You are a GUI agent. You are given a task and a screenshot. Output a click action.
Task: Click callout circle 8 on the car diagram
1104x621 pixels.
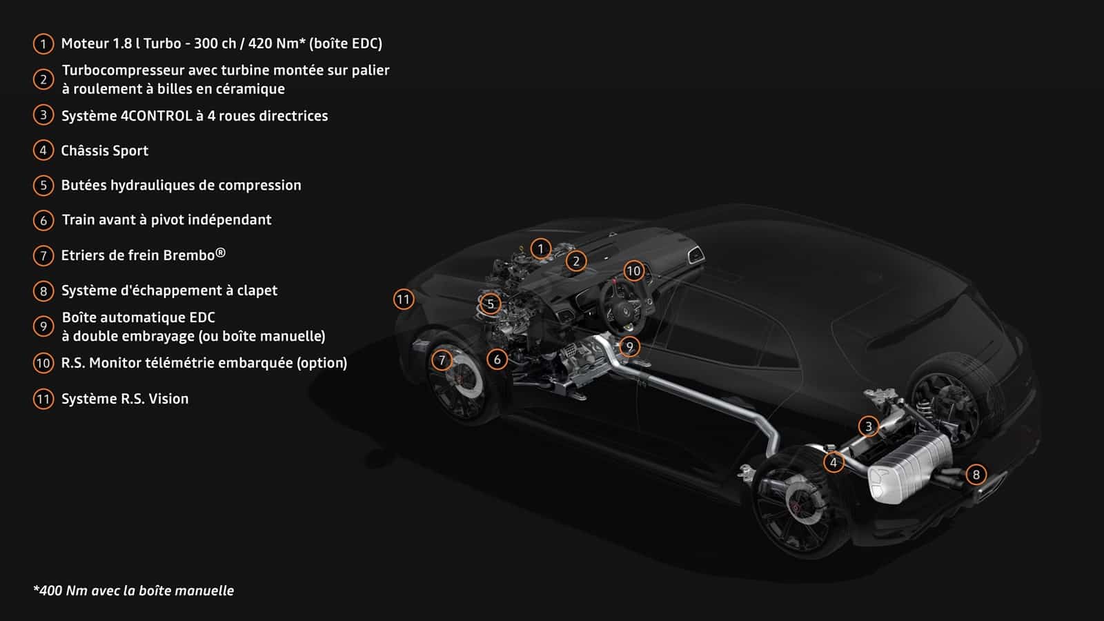[976, 475]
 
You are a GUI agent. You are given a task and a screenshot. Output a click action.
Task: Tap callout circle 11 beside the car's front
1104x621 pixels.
[403, 299]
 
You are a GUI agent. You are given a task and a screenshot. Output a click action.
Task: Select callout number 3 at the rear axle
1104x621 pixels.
[869, 426]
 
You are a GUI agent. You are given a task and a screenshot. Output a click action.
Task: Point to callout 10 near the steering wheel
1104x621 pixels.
[633, 270]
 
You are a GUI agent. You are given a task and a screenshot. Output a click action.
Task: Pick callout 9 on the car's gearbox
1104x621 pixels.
[629, 347]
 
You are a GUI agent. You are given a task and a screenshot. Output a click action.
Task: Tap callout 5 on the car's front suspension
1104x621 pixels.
[490, 304]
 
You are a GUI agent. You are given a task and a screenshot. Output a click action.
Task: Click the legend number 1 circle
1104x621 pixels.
[43, 44]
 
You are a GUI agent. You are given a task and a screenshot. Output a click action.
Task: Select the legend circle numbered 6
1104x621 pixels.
[43, 220]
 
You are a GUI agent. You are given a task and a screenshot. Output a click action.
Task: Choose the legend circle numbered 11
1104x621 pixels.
[43, 399]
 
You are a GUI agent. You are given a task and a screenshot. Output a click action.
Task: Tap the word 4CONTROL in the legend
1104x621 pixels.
[156, 116]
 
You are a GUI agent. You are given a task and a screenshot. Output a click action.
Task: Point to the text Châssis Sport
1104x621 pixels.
[104, 150]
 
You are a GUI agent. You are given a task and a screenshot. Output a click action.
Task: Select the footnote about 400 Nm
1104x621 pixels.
[134, 591]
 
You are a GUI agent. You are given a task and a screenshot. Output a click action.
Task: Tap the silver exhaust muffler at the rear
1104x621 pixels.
[909, 469]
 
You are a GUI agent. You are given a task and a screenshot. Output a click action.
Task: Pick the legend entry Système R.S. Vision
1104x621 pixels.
[125, 399]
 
